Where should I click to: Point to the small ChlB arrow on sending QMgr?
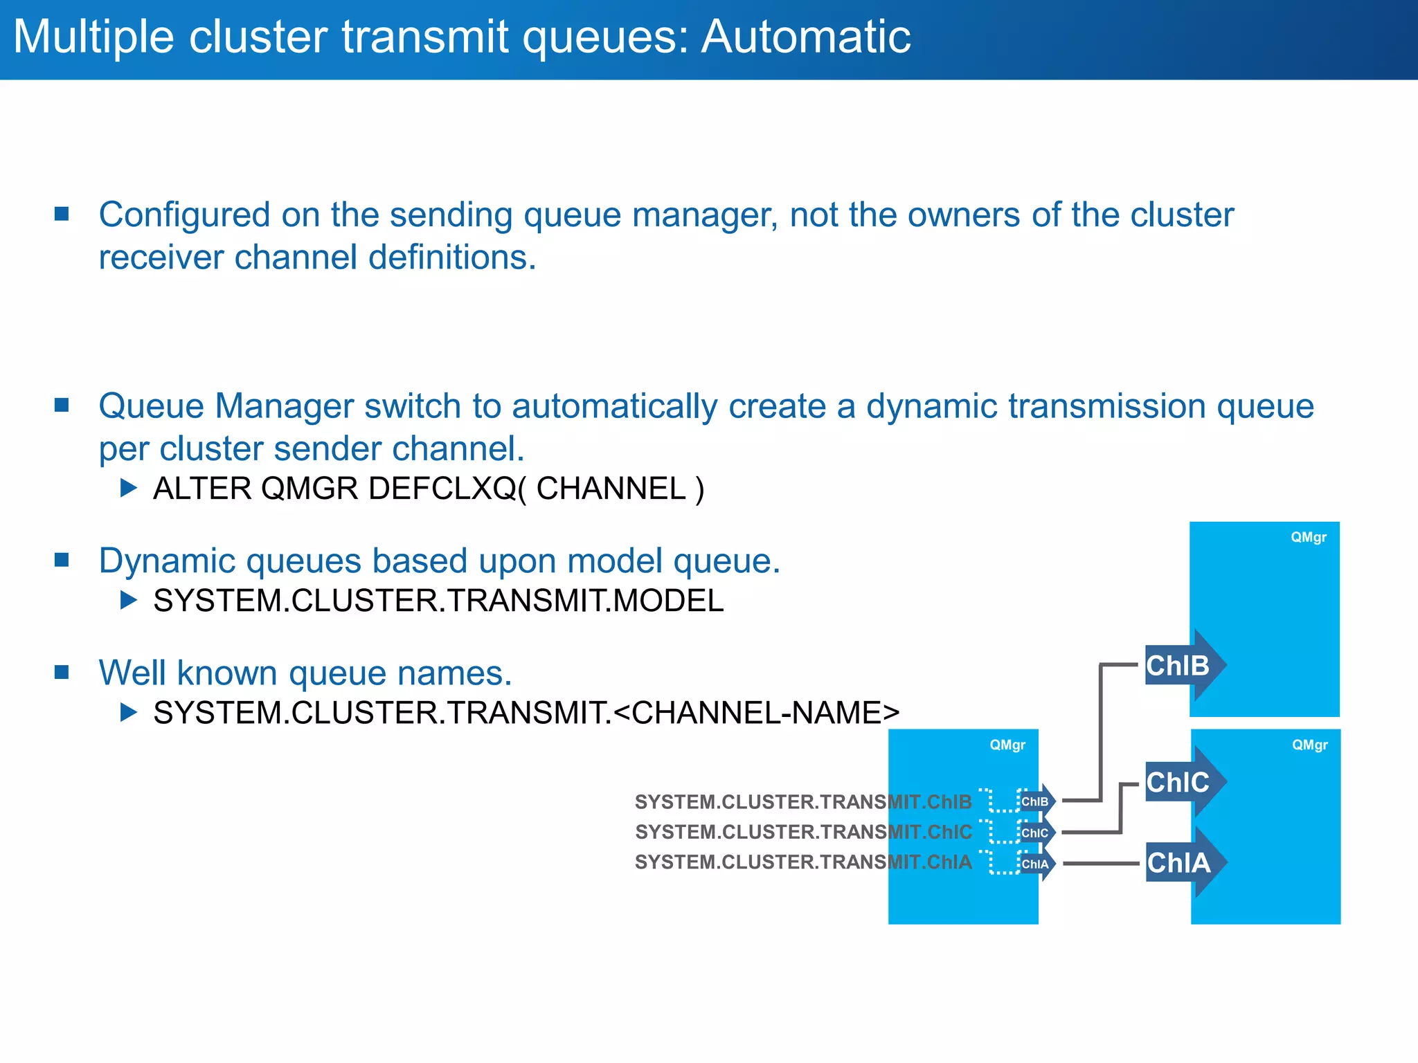(x=1036, y=801)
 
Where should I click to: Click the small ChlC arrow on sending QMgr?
(x=1036, y=833)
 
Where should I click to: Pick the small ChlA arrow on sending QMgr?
(x=1036, y=864)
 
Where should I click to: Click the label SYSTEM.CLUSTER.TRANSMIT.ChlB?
(x=803, y=801)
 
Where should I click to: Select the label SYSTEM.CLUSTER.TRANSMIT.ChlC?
(x=803, y=832)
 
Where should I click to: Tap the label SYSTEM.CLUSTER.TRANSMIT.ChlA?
(x=803, y=862)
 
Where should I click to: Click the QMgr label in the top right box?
(x=1308, y=537)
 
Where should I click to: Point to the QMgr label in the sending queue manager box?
(x=1007, y=745)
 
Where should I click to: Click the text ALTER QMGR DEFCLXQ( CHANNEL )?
(x=429, y=489)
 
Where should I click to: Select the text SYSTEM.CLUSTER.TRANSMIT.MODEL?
(x=438, y=601)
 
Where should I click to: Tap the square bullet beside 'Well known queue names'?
(x=62, y=672)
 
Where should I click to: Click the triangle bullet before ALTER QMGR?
(x=128, y=489)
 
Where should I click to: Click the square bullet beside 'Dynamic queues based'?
(x=62, y=560)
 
